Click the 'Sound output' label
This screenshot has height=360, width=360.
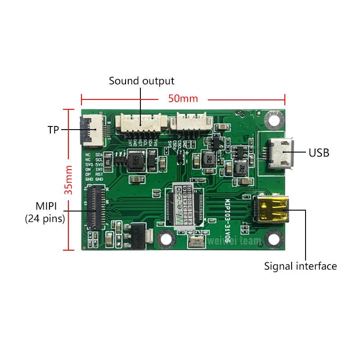[x=141, y=81]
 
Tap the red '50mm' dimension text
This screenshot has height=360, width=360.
[x=183, y=98]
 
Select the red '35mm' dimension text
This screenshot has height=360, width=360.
[x=68, y=180]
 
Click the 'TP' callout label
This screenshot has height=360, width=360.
[x=54, y=130]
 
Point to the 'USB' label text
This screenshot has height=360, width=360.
[x=319, y=153]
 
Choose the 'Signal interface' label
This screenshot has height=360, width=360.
[x=300, y=266]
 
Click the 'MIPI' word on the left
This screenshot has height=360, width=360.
[x=45, y=207]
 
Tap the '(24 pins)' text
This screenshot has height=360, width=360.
[x=45, y=219]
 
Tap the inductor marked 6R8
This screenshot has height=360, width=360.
[x=135, y=161]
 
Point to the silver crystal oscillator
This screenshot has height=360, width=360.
[x=196, y=242]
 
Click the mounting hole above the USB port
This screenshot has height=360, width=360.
[x=273, y=119]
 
